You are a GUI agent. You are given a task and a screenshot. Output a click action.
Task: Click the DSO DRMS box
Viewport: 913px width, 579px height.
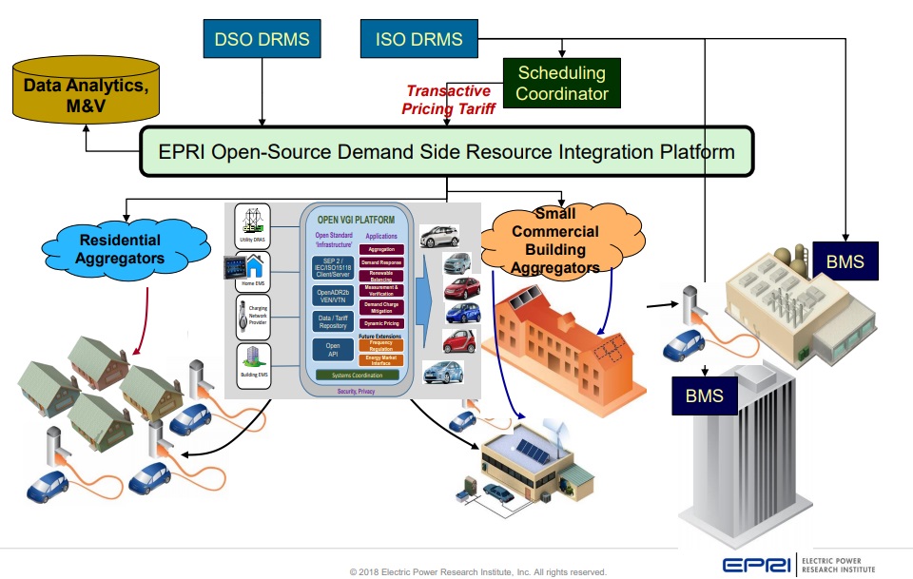click(x=262, y=40)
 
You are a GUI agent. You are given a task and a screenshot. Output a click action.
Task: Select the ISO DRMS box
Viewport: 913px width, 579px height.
click(x=419, y=40)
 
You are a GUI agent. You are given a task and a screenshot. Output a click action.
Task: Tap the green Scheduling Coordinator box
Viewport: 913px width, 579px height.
click(x=561, y=83)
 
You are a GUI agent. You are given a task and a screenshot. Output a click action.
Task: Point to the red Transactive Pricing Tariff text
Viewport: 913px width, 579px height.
click(x=450, y=100)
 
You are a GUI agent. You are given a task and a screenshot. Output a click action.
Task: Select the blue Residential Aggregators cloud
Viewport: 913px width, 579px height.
click(x=120, y=249)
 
